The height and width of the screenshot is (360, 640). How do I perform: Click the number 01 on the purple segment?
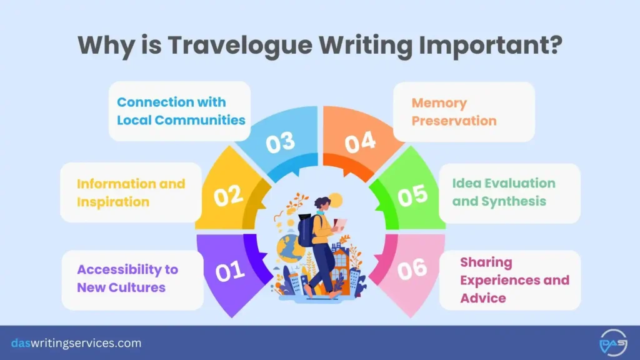click(x=229, y=271)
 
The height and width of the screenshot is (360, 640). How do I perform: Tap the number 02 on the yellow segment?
click(x=228, y=196)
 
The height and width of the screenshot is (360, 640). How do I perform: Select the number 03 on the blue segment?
click(x=280, y=142)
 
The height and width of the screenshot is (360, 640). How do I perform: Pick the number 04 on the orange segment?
click(x=360, y=142)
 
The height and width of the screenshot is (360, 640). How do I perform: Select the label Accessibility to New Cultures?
click(x=127, y=278)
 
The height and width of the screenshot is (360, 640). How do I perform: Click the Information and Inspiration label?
click(x=131, y=192)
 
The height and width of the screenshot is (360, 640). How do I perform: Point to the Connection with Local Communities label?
click(x=181, y=111)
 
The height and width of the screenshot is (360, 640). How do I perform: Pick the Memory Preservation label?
click(x=454, y=111)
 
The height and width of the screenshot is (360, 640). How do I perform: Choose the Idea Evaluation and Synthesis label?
click(x=504, y=192)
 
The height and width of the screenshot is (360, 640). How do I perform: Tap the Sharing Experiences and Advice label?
click(x=514, y=279)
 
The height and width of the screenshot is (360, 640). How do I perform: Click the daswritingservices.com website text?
click(x=76, y=343)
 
